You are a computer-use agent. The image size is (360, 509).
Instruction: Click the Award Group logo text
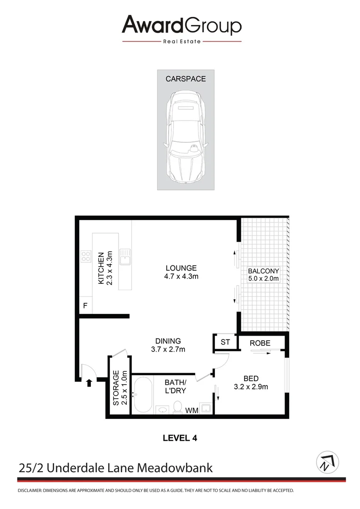[181, 25]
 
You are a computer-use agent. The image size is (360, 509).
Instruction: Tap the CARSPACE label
[185, 79]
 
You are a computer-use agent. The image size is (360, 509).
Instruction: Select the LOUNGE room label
[178, 268]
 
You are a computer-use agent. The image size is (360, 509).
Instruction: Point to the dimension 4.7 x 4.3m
[178, 277]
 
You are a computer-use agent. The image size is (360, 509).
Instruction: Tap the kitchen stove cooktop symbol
[86, 256]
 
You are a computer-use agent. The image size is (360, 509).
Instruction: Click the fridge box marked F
[85, 306]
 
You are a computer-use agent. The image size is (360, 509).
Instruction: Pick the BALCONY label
[263, 271]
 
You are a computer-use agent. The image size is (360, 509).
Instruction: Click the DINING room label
[168, 341]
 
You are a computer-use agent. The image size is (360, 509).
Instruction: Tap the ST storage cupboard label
[225, 342]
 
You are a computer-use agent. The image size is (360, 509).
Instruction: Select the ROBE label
[260, 343]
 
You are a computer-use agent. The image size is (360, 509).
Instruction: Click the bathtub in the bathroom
[142, 395]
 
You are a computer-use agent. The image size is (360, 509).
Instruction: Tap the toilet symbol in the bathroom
[178, 407]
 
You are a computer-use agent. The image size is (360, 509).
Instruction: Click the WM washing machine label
[191, 410]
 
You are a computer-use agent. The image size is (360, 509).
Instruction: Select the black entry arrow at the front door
[89, 383]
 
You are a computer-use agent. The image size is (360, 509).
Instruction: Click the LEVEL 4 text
[180, 438]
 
